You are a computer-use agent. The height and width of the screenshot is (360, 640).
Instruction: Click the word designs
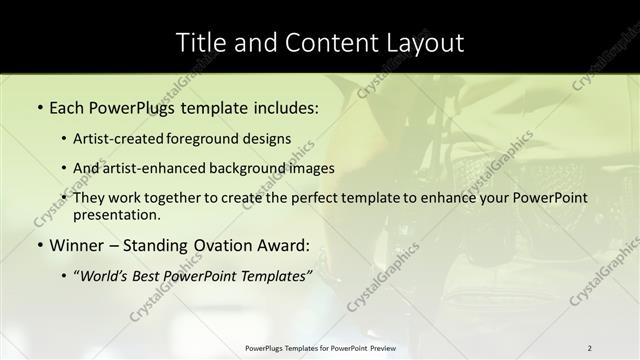tap(269, 139)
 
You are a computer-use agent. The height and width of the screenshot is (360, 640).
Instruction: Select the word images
tap(313, 168)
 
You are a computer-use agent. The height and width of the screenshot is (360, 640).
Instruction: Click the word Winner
tap(77, 245)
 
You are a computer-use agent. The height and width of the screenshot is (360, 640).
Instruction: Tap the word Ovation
tap(225, 245)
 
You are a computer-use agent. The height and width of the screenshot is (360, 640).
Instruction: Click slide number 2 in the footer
tap(589, 347)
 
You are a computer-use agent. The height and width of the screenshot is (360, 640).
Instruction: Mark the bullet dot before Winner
tap(40, 245)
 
